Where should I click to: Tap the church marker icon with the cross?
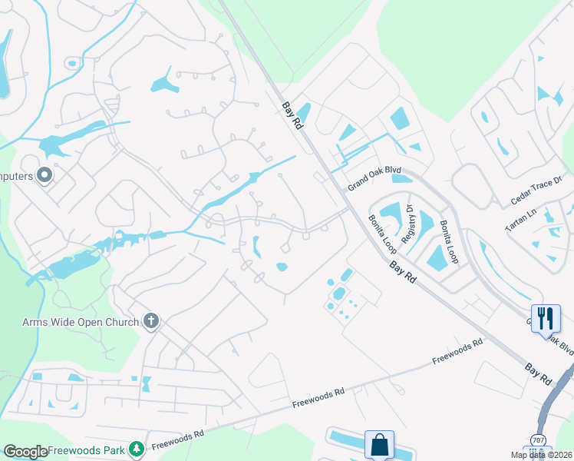point(151,321)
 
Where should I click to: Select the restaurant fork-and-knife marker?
point(546,317)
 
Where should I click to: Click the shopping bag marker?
point(379,444)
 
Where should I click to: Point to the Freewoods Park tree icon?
point(136,448)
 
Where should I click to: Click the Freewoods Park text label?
point(85,449)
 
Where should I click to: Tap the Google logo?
point(25,452)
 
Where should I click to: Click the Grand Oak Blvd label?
point(374,181)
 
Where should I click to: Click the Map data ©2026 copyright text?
point(541,455)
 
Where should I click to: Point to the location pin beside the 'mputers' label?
point(45,176)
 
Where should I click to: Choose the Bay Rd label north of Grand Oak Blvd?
point(292,116)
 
